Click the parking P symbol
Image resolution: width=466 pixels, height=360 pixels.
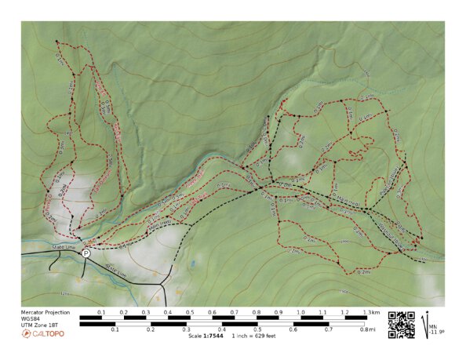pos(86,253)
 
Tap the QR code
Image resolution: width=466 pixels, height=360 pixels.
pos(402,324)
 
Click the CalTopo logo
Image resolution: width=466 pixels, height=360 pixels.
pos(43,334)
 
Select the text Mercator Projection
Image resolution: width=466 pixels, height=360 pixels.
pos(44,312)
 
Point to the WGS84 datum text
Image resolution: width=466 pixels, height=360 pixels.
pos(31,318)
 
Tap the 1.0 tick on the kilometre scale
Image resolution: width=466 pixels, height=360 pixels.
pos(301,312)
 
